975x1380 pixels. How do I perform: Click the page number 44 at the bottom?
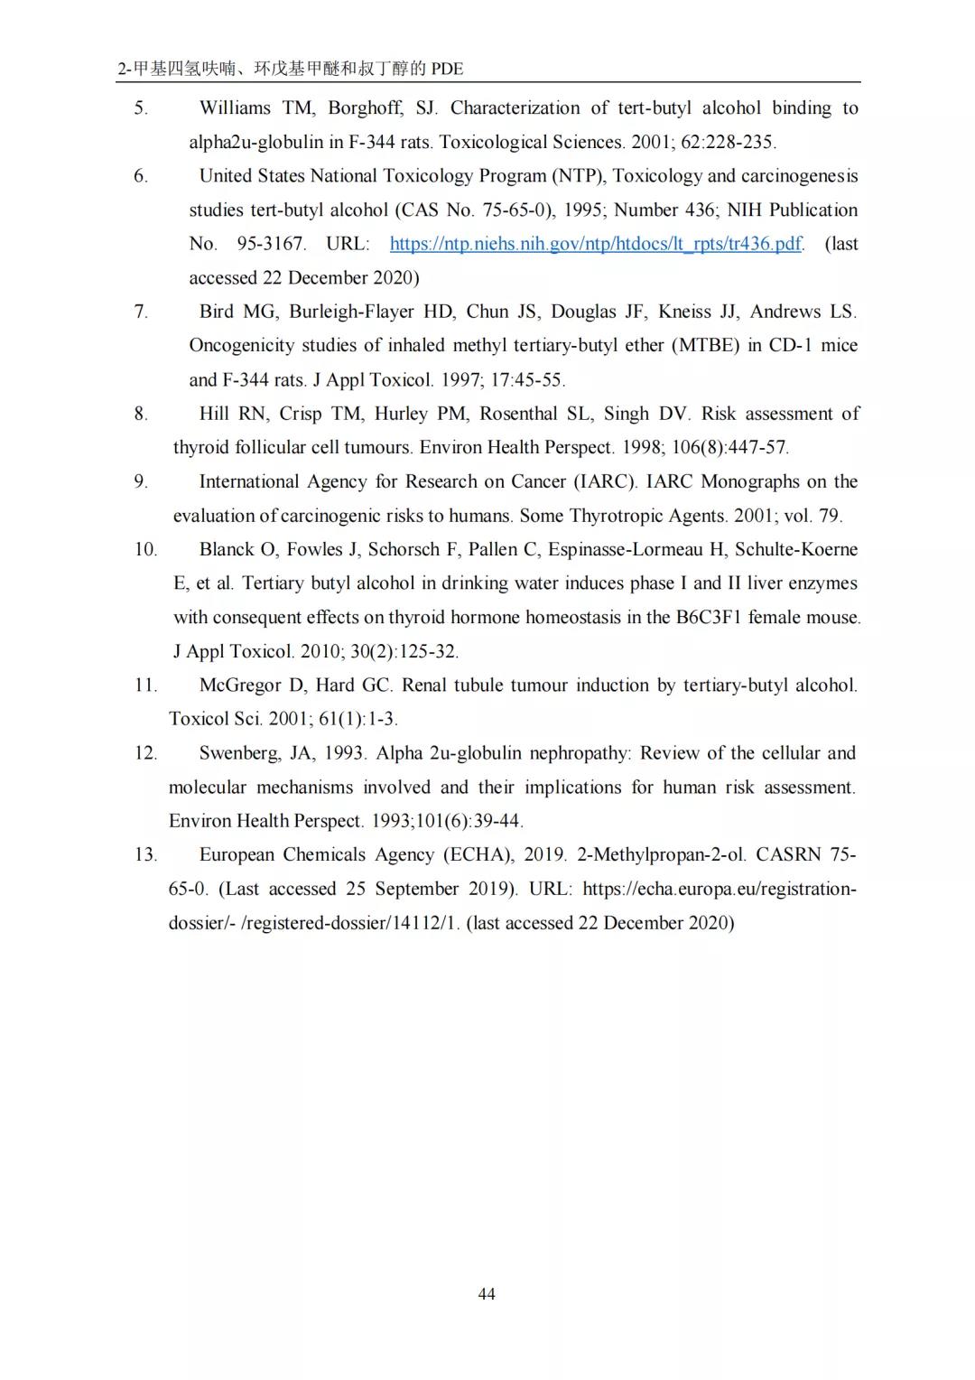pos(486,1294)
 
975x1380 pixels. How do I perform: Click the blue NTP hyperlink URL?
pos(595,244)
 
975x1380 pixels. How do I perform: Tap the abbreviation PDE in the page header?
pos(447,69)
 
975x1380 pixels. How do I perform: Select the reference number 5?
pos(141,108)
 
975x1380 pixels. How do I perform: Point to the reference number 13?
pos(145,854)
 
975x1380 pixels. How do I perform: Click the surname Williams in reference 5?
pos(235,108)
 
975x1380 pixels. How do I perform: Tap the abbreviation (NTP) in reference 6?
pos(578,176)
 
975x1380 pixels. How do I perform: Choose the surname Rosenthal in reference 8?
pos(518,414)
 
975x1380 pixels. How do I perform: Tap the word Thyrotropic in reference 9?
pos(615,516)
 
